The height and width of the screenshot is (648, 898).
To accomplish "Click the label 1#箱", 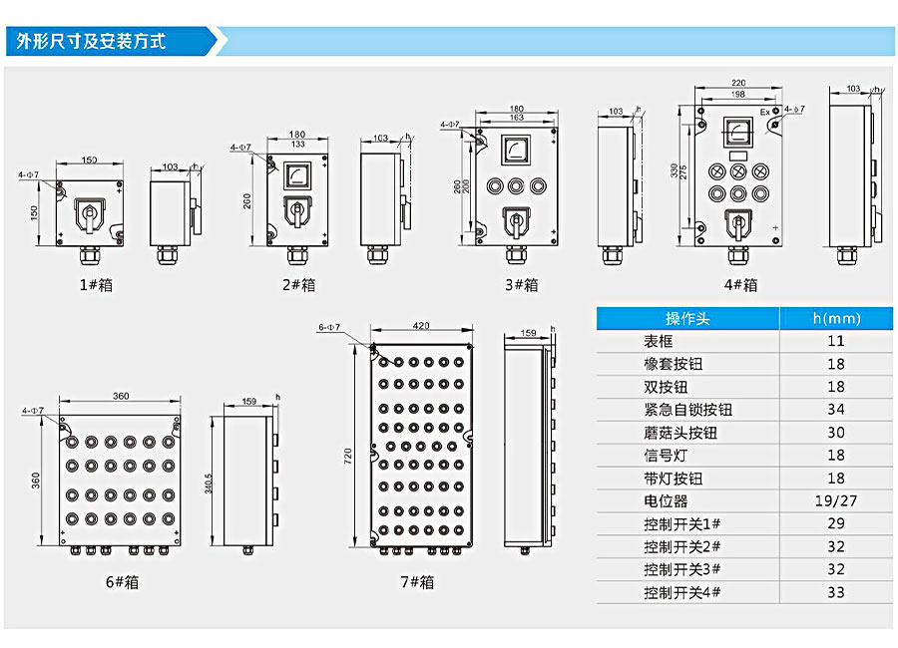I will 96,284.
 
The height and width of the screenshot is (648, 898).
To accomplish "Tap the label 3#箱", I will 521,284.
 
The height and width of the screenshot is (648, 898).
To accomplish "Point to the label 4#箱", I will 740,284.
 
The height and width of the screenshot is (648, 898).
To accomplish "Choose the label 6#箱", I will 122,581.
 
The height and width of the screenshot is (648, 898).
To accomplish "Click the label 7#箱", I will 417,582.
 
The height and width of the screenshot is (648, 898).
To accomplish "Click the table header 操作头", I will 688,319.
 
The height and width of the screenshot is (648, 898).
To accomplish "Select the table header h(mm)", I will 836,319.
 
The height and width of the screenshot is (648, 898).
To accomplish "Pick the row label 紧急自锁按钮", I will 688,410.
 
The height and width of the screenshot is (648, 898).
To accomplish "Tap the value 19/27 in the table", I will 836,501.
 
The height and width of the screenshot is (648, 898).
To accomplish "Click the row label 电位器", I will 666,501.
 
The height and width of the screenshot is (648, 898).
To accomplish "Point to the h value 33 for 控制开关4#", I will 836,592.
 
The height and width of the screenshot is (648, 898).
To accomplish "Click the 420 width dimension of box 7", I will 420,326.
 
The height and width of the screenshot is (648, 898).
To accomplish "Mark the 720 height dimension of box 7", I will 348,457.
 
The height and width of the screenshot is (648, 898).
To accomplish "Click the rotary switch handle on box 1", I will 91,213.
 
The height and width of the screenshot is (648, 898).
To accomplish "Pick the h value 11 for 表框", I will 836,341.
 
